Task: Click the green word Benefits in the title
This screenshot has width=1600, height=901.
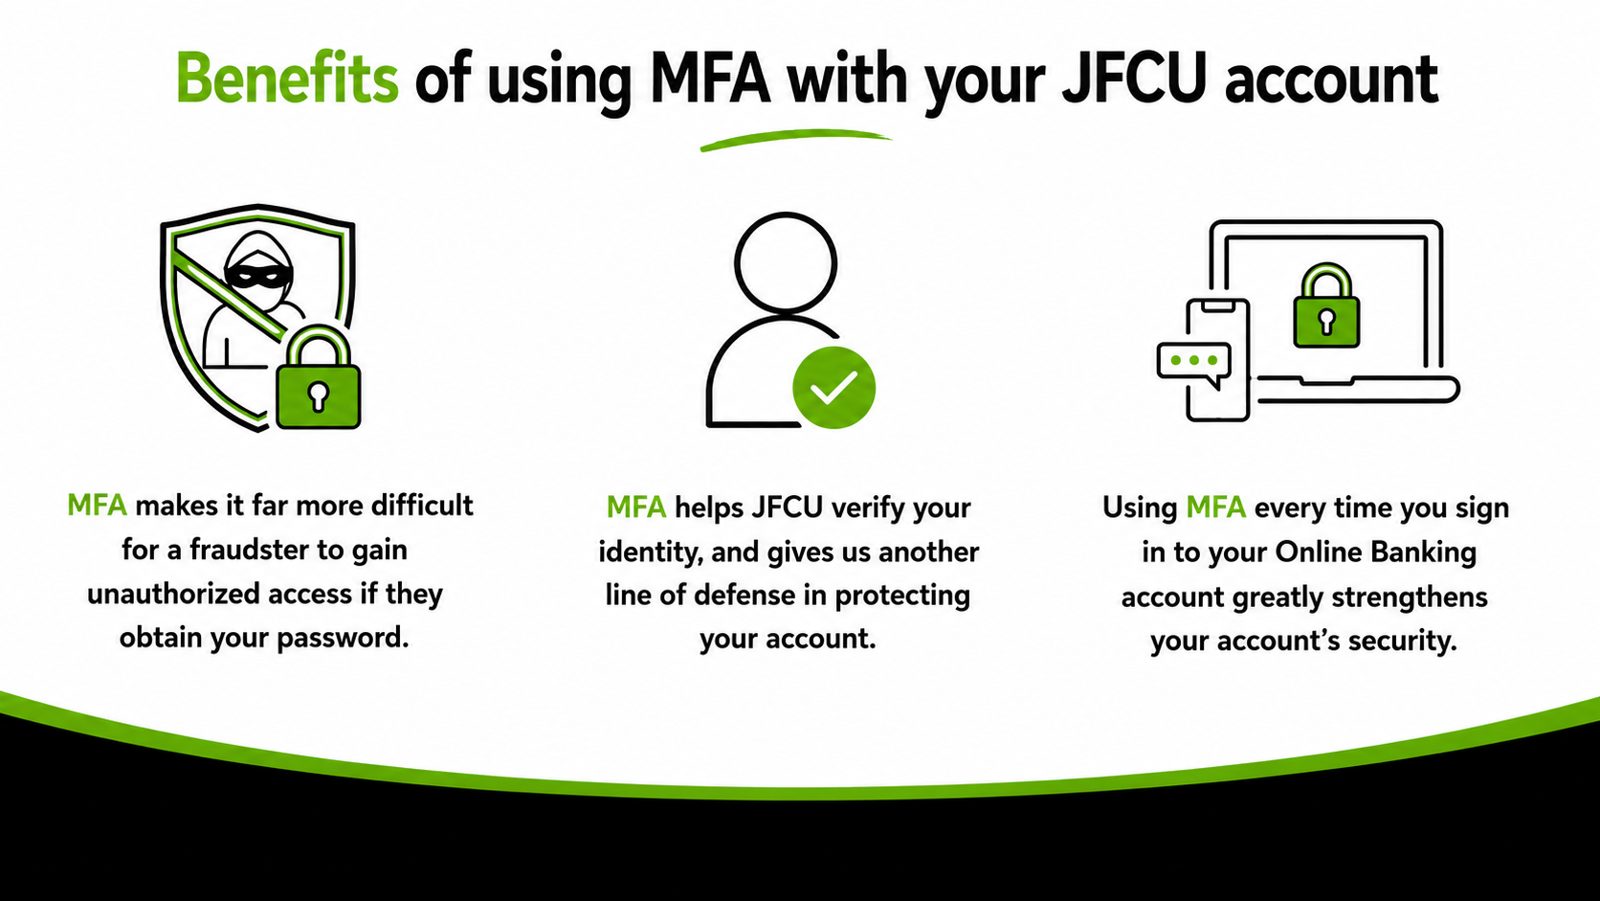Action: pos(287,78)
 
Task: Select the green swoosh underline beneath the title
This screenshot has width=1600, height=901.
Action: pos(796,140)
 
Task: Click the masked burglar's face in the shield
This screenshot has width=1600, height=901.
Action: pos(257,268)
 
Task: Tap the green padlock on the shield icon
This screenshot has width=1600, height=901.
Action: pos(319,378)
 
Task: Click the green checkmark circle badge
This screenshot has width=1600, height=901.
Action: pos(833,387)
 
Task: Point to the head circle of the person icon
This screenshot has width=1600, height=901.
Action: pos(785,261)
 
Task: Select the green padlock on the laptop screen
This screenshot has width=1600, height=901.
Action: pos(1326,305)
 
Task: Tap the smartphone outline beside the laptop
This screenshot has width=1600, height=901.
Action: pos(1217,359)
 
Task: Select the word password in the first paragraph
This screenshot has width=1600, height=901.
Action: pos(343,638)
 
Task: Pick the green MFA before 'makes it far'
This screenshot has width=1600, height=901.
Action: pos(98,506)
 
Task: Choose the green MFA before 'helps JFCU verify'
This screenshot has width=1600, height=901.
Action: pos(636,508)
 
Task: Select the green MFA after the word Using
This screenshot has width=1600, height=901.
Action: pos(1215,508)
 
